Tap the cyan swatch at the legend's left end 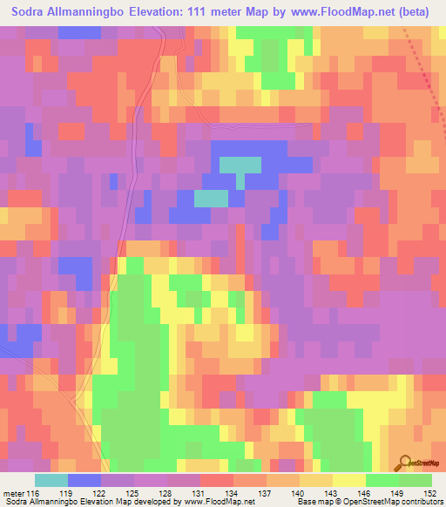51,480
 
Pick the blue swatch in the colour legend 84,480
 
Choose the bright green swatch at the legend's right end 416,480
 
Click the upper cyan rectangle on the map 240,164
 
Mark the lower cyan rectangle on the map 211,199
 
